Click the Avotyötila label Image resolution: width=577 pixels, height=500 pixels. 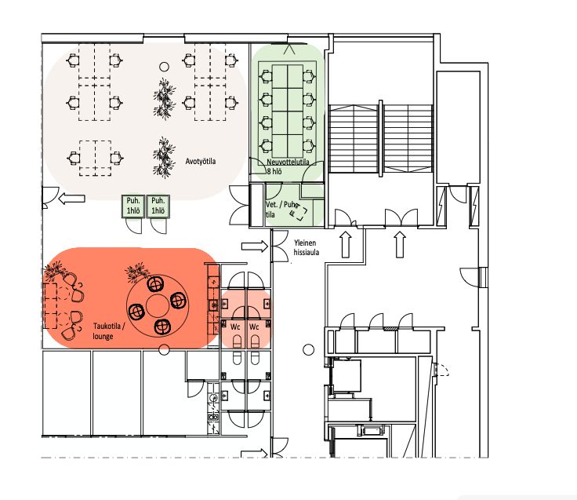(201, 162)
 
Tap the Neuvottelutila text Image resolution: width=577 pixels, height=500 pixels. (288, 162)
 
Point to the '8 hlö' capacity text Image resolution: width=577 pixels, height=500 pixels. (274, 171)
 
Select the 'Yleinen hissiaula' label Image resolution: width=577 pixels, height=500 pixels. (307, 247)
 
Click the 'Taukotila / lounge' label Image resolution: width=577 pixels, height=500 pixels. (109, 331)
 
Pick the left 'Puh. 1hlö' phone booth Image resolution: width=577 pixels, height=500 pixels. (133, 206)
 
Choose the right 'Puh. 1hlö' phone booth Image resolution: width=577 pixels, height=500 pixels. (158, 206)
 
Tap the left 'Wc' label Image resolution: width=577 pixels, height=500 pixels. (235, 327)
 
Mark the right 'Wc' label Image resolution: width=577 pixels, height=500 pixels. (254, 327)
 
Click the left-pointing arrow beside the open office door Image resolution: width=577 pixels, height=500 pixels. (72, 199)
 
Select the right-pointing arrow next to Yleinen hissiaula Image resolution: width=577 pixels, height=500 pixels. (255, 246)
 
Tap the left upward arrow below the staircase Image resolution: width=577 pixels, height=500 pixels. (347, 245)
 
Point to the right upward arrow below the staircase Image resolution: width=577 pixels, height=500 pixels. (400, 245)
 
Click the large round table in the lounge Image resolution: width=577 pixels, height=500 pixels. (158, 305)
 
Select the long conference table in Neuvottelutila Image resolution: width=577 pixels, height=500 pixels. (288, 111)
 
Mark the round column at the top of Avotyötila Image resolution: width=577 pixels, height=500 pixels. (164, 67)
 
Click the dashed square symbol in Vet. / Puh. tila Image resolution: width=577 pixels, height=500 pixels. (299, 212)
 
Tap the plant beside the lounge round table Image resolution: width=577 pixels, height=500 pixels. (137, 272)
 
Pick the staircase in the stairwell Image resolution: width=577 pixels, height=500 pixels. (380, 139)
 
